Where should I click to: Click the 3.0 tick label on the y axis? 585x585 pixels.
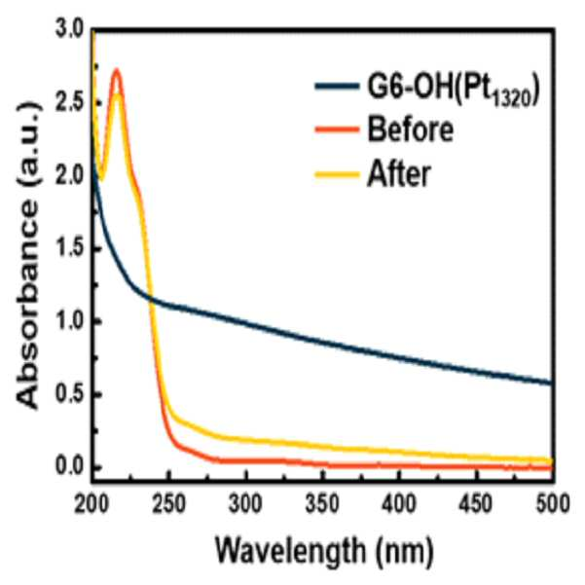point(70,29)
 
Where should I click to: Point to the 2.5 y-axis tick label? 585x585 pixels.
point(70,102)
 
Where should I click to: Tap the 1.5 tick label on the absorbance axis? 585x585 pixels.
point(70,248)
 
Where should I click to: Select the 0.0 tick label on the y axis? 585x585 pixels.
point(70,466)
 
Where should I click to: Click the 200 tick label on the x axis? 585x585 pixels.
point(92,504)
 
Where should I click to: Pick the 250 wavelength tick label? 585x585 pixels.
point(169,504)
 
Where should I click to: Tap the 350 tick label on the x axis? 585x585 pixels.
point(323,504)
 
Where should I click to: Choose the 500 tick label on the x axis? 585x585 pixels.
point(553,504)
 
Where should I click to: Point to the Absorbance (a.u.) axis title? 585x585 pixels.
point(28,256)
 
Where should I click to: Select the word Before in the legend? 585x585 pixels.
point(411,129)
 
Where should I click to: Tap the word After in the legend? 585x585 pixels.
point(399,174)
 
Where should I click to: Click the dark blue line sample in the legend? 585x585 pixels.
point(337,87)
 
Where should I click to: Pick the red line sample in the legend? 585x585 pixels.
point(337,129)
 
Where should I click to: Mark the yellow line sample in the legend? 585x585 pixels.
point(337,174)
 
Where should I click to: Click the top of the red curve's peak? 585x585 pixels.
point(117,70)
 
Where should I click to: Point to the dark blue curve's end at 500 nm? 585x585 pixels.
point(552,384)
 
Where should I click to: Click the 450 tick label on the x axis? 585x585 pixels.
point(476,504)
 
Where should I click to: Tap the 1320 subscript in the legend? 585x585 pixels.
point(511,99)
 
